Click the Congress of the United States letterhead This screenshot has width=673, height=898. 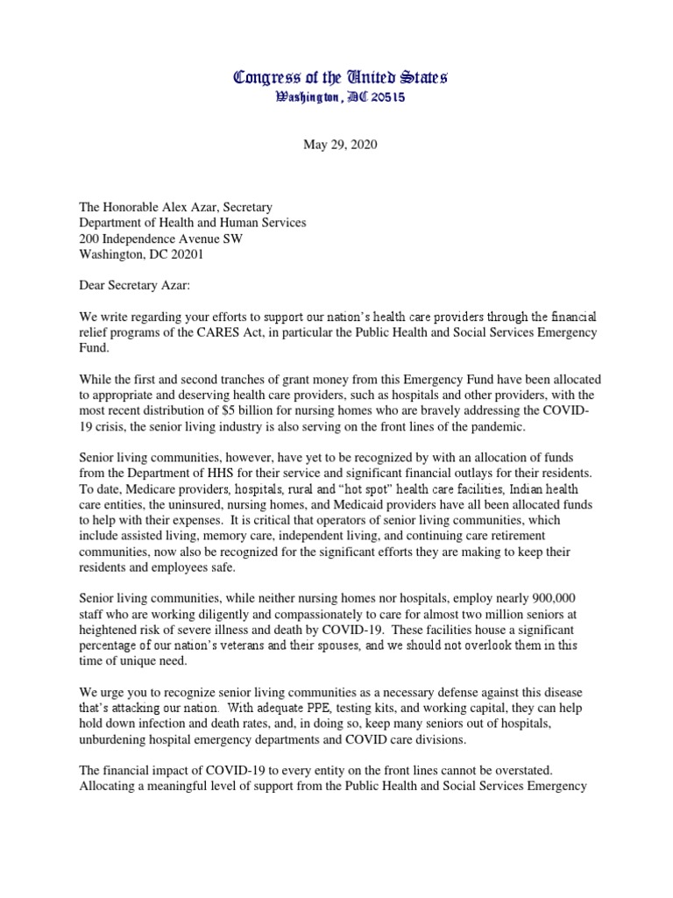click(x=340, y=78)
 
